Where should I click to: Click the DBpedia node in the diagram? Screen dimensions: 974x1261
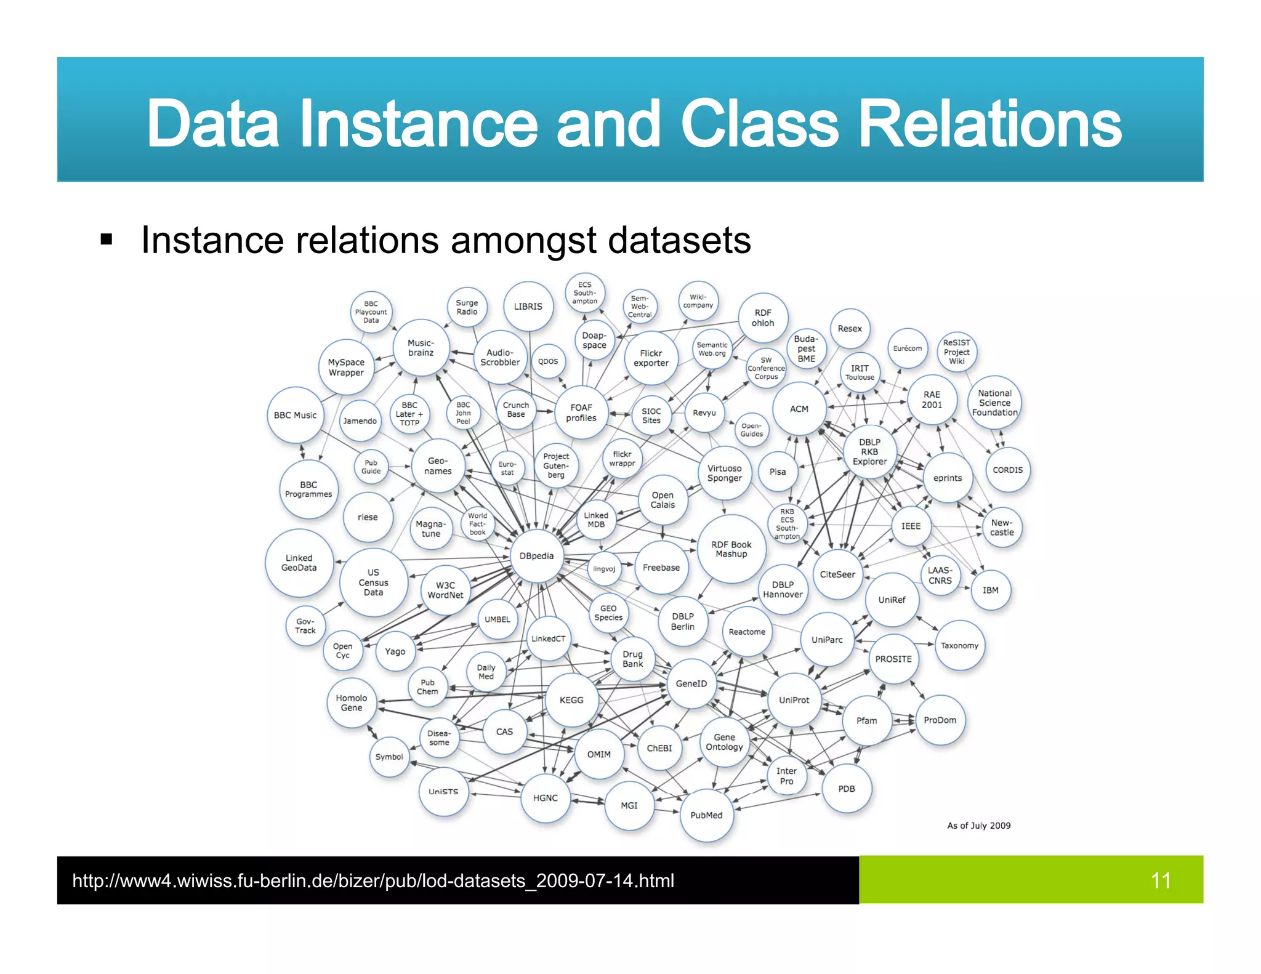(x=536, y=556)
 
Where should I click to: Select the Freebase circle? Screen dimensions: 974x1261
(x=661, y=568)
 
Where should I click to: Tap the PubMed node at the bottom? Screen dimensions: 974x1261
(x=706, y=815)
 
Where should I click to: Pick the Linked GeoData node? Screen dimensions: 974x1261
(x=299, y=563)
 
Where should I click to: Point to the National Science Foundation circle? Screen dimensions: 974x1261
(x=994, y=403)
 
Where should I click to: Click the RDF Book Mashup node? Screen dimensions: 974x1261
(x=731, y=549)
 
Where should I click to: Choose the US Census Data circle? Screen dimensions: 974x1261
(x=373, y=582)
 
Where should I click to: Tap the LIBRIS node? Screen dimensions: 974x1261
(x=528, y=307)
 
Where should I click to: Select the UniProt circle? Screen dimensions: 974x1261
(x=794, y=700)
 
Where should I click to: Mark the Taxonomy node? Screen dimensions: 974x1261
(x=959, y=646)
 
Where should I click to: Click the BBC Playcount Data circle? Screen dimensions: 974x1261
(x=371, y=312)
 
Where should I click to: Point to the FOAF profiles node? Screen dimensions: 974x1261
(x=581, y=413)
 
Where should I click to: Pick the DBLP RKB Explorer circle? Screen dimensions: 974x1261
(x=869, y=452)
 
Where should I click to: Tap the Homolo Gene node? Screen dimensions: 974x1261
(x=352, y=703)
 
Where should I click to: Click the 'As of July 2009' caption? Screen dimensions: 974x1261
(x=978, y=826)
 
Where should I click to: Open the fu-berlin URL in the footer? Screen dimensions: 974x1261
(x=373, y=881)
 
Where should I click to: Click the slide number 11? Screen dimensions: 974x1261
(x=1161, y=880)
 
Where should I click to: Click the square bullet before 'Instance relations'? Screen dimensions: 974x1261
(x=107, y=239)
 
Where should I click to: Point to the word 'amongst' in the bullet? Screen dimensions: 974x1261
(x=523, y=240)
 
